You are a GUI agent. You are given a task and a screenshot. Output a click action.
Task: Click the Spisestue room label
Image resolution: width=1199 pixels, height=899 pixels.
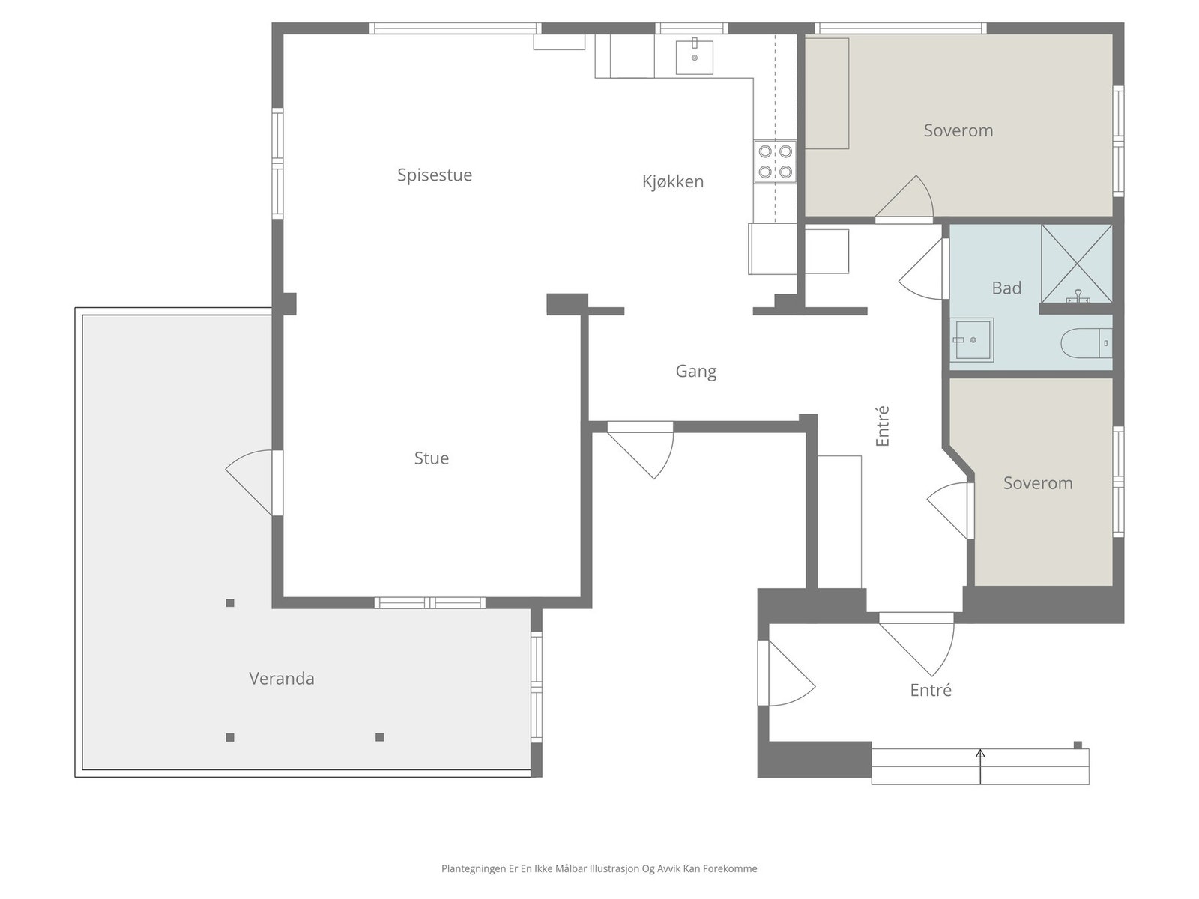434,175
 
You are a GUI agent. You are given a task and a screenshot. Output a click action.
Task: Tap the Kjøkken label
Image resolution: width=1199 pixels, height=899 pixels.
672,181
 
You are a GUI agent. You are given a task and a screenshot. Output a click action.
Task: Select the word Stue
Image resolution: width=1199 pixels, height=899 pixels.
431,458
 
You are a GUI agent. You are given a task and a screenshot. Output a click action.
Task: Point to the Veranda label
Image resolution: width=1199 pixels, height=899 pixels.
281,679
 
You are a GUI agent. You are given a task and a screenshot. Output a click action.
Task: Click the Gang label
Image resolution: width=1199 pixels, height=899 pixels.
695,372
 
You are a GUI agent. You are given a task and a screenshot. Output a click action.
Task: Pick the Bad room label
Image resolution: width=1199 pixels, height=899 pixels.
1006,288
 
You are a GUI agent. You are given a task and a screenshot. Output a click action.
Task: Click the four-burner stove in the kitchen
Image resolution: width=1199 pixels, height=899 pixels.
775,161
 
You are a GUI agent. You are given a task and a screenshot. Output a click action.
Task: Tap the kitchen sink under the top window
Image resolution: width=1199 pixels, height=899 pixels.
694,57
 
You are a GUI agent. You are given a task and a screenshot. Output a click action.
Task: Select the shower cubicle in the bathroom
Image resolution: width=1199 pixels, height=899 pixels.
1076,264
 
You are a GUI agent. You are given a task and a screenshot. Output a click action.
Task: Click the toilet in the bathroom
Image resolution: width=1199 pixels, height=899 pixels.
1086,343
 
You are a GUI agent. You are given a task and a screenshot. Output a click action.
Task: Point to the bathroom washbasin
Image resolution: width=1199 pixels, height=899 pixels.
971,340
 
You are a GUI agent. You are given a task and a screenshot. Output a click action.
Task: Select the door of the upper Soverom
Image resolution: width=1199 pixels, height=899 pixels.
904,199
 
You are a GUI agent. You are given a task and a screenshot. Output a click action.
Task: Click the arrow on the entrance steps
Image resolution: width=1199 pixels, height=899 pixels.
980,767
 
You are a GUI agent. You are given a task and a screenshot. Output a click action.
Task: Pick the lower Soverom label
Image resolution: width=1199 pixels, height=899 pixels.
1038,483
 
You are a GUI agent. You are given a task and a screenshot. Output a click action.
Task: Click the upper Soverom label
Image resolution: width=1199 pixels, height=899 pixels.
958,130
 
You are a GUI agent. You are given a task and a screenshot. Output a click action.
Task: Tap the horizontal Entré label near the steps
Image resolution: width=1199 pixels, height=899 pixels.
931,690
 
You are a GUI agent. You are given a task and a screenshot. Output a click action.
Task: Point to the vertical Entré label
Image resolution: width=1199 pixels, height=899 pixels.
882,426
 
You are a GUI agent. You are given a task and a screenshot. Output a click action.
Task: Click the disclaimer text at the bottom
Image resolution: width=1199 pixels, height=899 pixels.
599,868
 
